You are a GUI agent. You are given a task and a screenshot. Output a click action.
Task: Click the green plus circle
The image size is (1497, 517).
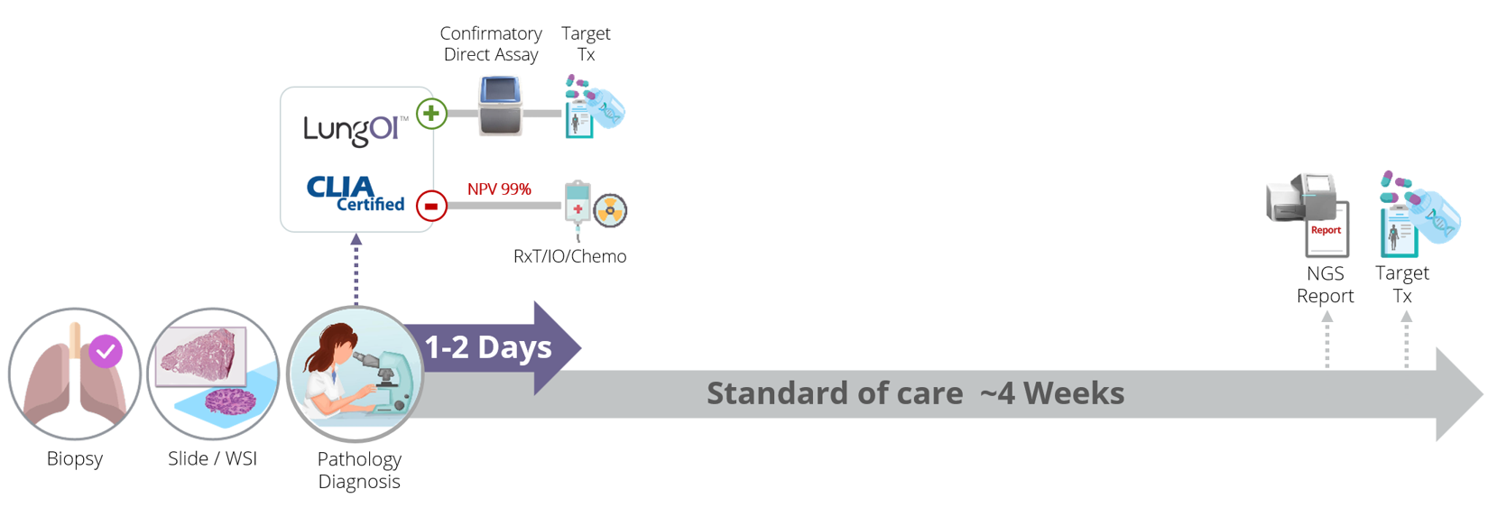tap(431, 114)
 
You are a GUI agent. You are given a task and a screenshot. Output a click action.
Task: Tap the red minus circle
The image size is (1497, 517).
tap(431, 206)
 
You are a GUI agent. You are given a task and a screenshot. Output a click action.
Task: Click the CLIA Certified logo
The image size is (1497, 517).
tap(356, 194)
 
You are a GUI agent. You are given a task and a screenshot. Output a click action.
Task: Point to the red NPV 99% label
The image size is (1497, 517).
tap(499, 189)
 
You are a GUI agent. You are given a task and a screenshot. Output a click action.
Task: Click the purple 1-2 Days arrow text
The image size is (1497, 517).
tap(488, 347)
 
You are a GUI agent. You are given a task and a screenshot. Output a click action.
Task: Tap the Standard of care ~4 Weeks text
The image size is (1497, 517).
tap(916, 393)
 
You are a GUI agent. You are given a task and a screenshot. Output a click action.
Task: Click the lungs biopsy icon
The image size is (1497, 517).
tap(75, 374)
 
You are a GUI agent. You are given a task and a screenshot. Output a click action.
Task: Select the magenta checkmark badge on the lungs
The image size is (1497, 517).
tap(106, 351)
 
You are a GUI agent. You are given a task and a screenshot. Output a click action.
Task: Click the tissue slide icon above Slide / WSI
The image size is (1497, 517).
tap(213, 374)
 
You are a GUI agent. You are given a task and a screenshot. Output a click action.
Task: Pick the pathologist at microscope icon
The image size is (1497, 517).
tap(356, 374)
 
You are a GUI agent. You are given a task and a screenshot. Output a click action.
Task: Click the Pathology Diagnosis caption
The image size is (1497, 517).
tap(359, 470)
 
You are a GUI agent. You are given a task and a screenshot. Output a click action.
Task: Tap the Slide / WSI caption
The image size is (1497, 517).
tap(213, 458)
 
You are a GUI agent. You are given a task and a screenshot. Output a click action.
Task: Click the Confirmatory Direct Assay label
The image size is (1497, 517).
tap(491, 44)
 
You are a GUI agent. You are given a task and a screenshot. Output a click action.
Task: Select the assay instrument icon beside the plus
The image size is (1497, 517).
tap(500, 106)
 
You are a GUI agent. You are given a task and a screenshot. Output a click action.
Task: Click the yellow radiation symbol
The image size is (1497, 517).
tap(610, 210)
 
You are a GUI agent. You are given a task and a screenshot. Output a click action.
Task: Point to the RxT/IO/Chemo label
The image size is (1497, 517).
tap(570, 256)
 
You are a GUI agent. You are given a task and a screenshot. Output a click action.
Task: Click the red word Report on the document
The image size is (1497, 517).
tap(1326, 230)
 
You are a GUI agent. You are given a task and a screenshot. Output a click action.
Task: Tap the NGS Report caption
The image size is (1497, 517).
tap(1326, 284)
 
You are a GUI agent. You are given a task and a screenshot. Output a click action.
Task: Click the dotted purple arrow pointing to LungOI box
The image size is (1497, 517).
tap(356, 270)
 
